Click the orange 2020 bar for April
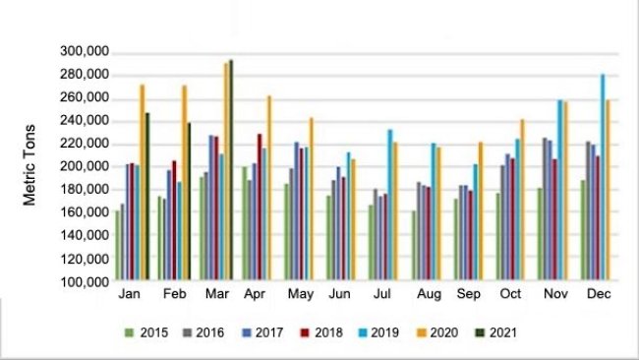click(268, 188)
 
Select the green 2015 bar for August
click(414, 246)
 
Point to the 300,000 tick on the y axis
click(84, 52)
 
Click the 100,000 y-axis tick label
click(84, 281)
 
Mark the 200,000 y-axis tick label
click(84, 166)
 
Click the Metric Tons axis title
click(31, 164)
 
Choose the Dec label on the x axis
click(600, 295)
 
